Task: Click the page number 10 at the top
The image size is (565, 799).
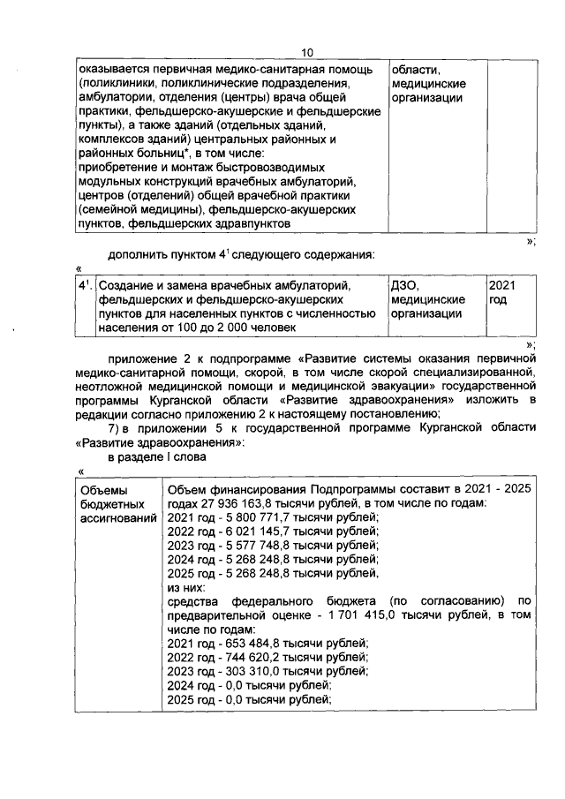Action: click(x=306, y=52)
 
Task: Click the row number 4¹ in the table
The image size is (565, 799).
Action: click(x=84, y=286)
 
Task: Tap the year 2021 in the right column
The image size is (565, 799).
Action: click(x=501, y=286)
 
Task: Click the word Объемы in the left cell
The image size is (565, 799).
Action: click(x=103, y=490)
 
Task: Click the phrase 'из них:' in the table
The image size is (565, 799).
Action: click(x=186, y=587)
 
